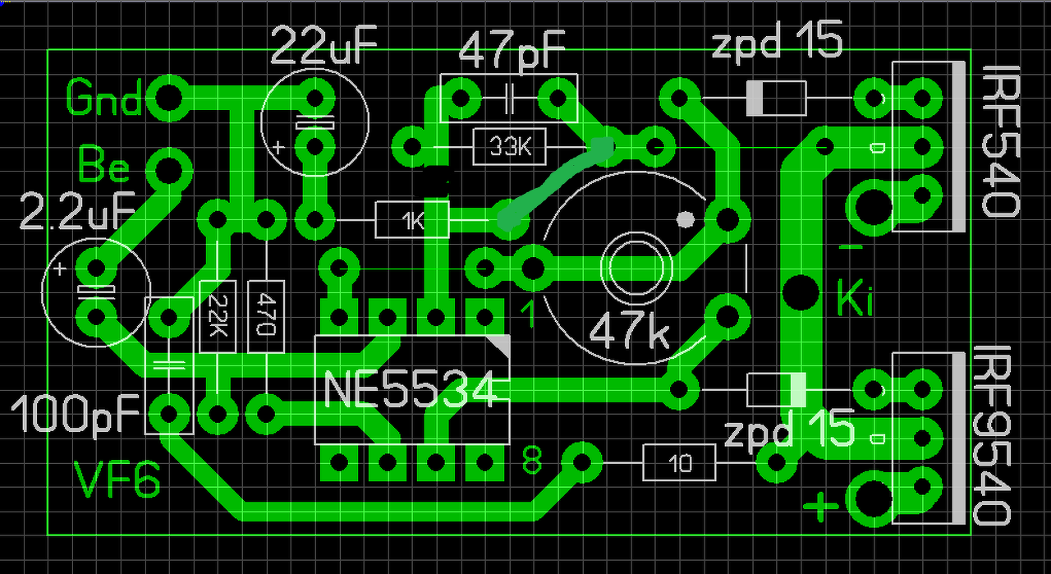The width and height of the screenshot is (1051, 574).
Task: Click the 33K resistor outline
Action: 509,148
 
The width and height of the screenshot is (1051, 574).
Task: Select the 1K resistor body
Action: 411,220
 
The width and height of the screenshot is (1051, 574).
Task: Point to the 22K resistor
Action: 218,317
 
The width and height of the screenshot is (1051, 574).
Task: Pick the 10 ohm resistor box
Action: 680,465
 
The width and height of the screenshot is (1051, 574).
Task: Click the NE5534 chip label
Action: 411,390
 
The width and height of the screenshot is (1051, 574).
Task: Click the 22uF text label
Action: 324,47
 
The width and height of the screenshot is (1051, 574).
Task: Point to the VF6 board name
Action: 116,481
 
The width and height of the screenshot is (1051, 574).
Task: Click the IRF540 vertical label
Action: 1000,140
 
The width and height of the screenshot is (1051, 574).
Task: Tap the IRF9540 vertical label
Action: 994,435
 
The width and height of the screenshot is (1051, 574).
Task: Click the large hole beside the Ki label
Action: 801,290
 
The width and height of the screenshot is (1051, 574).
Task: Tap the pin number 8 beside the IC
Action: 532,462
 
